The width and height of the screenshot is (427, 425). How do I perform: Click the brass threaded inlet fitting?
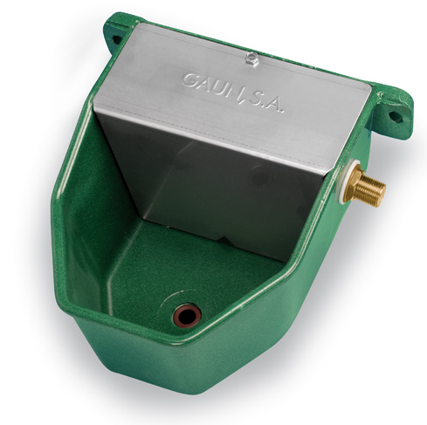click(364, 186)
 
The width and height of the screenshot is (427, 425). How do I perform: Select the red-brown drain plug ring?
click(187, 316)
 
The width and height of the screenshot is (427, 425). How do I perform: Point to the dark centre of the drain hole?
click(187, 316)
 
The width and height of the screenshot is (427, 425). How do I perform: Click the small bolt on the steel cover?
click(251, 58)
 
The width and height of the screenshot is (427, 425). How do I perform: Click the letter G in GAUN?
click(189, 79)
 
